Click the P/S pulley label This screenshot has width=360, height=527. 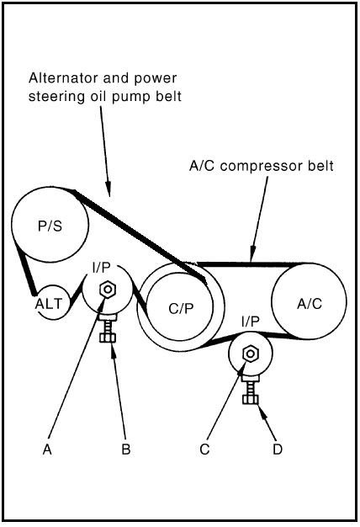pyautogui.click(x=50, y=226)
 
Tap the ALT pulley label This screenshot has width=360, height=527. pyautogui.click(x=49, y=304)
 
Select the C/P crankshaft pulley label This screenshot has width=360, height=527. pyautogui.click(x=182, y=308)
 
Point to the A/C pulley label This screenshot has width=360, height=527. pyautogui.click(x=310, y=304)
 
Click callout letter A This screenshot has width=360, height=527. pyautogui.click(x=47, y=449)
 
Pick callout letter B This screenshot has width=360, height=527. pyautogui.click(x=126, y=449)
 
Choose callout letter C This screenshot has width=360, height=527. pyautogui.click(x=204, y=449)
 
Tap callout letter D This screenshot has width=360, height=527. pyautogui.click(x=278, y=449)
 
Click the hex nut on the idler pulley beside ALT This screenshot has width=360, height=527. pyautogui.click(x=108, y=289)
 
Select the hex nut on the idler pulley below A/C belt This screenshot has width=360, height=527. pyautogui.click(x=250, y=354)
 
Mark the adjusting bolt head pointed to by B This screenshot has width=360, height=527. pyautogui.click(x=108, y=338)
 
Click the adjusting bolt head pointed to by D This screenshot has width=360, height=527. pyautogui.click(x=250, y=400)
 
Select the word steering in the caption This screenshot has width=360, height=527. pyautogui.click(x=56, y=97)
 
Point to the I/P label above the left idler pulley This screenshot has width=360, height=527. pyautogui.click(x=101, y=268)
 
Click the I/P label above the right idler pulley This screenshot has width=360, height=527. pyautogui.click(x=250, y=322)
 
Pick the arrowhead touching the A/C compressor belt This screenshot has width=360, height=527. pyautogui.click(x=253, y=254)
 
